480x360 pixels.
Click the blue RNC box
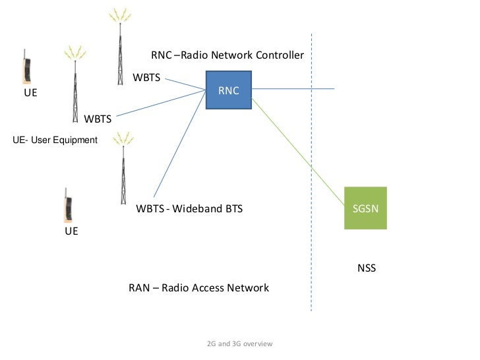click(228, 90)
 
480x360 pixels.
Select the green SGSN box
click(365, 208)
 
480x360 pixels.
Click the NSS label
click(366, 269)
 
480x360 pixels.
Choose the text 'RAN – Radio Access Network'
click(198, 288)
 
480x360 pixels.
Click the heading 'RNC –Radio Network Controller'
click(227, 55)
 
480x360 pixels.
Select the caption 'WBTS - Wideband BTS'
click(189, 209)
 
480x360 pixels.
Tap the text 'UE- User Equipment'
click(55, 140)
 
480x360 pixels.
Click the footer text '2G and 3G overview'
click(239, 344)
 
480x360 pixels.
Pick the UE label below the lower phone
click(71, 232)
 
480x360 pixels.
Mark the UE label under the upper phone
click(30, 93)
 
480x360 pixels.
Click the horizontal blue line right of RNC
click(293, 89)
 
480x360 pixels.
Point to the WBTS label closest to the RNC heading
click(146, 78)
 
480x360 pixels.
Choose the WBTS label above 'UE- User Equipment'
click(98, 119)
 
